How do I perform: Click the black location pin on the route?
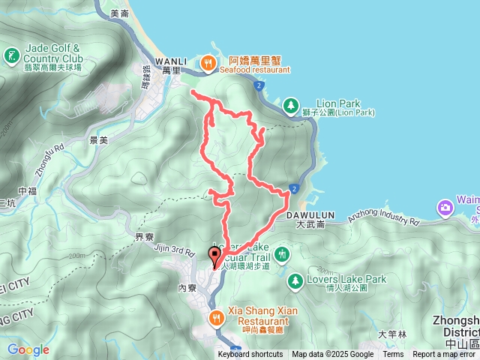[214, 256]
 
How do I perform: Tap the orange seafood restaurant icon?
[208, 64]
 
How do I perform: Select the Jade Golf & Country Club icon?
[12, 56]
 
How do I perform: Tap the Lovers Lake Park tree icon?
[295, 280]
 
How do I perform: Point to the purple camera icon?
[446, 206]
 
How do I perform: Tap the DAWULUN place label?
[306, 214]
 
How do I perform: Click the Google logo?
[28, 349]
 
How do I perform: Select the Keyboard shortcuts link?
[250, 355]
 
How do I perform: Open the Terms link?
[393, 355]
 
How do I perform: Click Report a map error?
[445, 355]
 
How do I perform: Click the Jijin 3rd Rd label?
[174, 247]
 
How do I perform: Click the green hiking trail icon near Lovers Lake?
[281, 254]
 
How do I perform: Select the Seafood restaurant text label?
[255, 70]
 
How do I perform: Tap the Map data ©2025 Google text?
[332, 355]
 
